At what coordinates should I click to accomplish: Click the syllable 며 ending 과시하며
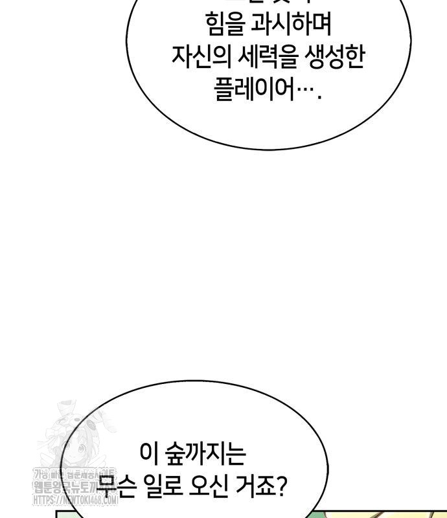[x=321, y=27]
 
